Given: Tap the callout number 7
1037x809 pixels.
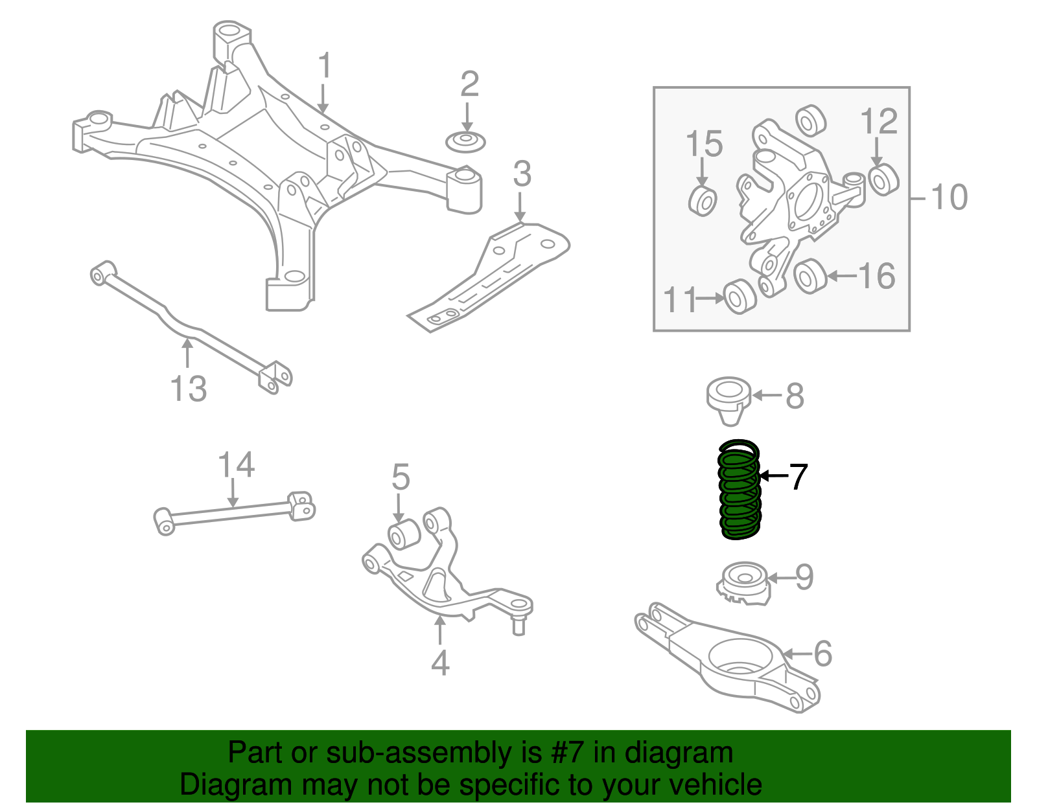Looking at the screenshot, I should (798, 477).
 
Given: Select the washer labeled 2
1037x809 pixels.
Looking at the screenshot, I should (465, 142).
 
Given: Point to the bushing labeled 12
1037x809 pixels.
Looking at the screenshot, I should (883, 179).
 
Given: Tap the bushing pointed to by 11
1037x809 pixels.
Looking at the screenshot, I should (739, 297).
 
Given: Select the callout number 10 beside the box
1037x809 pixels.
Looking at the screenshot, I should (949, 198).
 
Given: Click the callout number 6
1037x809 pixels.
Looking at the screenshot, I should (822, 654).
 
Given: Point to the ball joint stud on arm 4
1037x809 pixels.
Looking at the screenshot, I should (518, 626).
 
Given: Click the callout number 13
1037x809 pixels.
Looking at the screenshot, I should (188, 389).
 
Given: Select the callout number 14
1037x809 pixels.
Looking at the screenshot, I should (236, 466).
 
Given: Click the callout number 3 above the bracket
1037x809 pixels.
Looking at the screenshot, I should (522, 174).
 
